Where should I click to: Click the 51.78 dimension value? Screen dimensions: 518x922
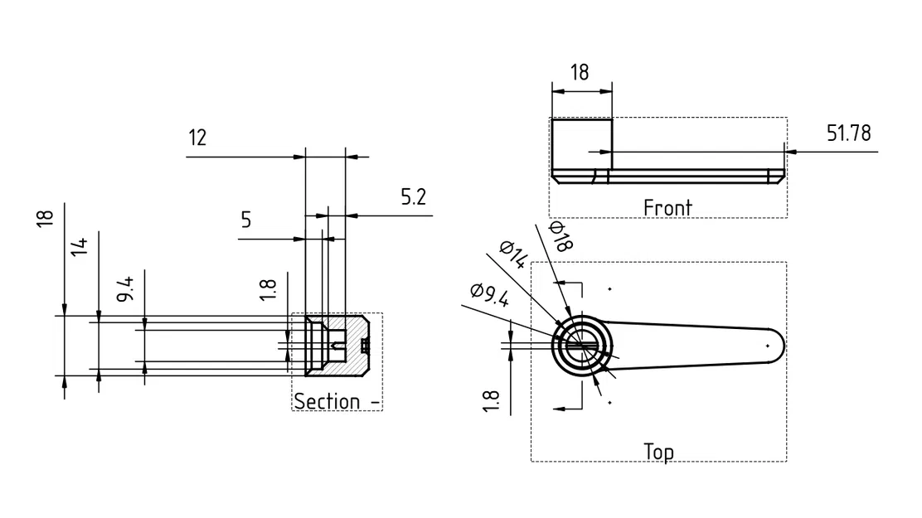click(848, 133)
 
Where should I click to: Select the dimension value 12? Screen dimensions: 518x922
click(197, 138)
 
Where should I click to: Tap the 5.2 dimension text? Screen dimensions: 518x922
click(414, 197)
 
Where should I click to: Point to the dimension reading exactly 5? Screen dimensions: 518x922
click(245, 220)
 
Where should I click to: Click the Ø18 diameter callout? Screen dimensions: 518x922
click(561, 237)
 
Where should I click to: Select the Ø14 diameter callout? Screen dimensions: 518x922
click(513, 255)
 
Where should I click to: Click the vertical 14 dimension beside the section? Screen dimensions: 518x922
click(80, 246)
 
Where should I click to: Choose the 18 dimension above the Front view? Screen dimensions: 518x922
click(580, 72)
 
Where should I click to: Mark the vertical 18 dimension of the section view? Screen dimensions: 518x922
click(46, 218)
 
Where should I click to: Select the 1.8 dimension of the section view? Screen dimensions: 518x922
click(267, 289)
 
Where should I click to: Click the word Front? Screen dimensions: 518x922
click(667, 207)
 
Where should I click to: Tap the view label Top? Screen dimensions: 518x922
click(658, 452)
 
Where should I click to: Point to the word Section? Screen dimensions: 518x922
click(328, 401)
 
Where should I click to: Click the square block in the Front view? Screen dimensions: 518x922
click(581, 144)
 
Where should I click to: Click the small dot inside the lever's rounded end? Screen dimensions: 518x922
click(768, 346)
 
